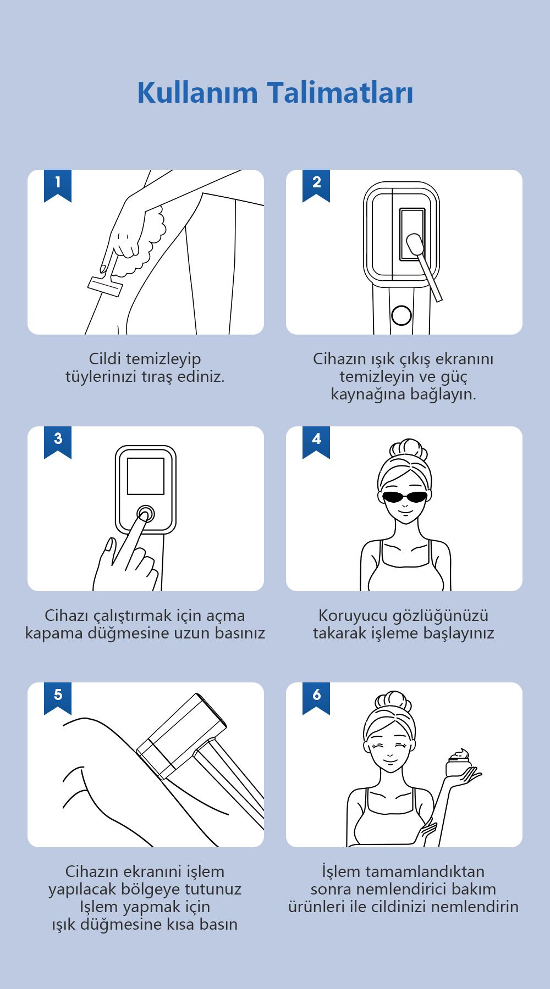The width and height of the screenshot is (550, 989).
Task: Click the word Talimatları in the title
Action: [x=342, y=92]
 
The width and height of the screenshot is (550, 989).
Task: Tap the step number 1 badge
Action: [x=58, y=185]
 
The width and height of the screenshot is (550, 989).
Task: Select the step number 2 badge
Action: [x=316, y=185]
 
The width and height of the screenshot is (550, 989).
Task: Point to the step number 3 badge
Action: [x=58, y=442]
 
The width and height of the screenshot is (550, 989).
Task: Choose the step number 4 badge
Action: [x=316, y=442]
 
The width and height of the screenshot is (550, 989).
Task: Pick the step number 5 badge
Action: [x=58, y=698]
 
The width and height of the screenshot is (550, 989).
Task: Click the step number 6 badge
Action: [x=316, y=698]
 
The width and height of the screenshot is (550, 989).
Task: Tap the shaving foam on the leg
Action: [x=146, y=235]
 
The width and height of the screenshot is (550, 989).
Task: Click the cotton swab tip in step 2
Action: [x=413, y=243]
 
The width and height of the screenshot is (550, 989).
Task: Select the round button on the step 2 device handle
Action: [x=401, y=314]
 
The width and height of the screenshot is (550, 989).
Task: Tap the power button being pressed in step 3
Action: [x=146, y=514]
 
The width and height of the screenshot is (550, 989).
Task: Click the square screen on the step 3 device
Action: [x=146, y=476]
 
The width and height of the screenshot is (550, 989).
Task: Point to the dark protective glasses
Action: [x=404, y=497]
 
